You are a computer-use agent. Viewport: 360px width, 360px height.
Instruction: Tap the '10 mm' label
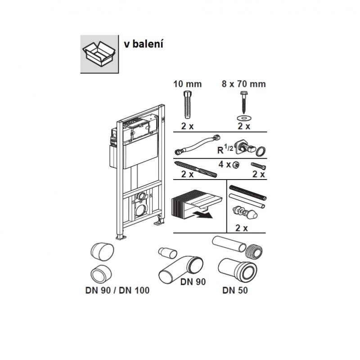(x=188, y=84)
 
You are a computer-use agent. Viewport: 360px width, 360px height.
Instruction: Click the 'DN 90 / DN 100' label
(x=117, y=290)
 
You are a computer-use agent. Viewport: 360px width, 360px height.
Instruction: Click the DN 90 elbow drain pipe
(x=180, y=268)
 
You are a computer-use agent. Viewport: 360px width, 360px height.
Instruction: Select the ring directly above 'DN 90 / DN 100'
(x=100, y=274)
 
